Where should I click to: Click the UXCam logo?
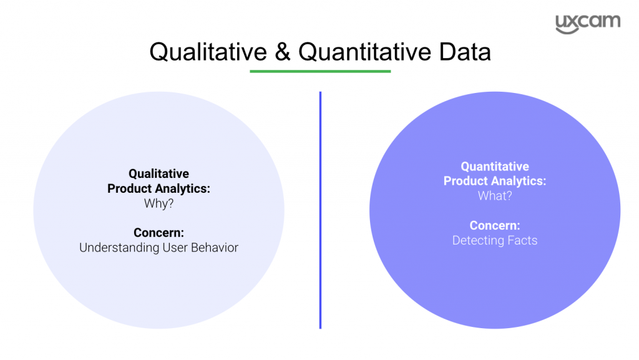[588, 24]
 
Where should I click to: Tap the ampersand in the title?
[283, 52]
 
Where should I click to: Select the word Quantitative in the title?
[365, 52]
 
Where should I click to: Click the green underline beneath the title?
[320, 71]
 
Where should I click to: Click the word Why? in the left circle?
[159, 203]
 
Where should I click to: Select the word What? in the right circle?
[495, 196]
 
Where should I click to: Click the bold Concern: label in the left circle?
[159, 233]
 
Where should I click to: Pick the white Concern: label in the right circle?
[495, 225]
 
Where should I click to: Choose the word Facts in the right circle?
[522, 240]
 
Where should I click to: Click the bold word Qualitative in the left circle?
[159, 174]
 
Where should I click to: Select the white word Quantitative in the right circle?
[495, 167]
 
